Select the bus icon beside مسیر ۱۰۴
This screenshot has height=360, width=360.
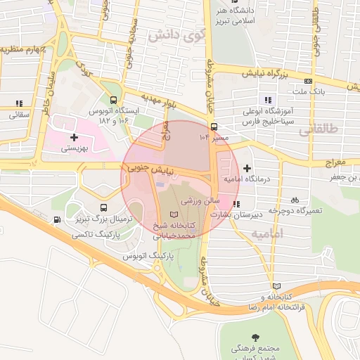coord(214,127)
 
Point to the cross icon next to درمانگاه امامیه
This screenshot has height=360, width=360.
coord(246,168)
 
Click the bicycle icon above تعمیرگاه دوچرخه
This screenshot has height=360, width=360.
coord(295,199)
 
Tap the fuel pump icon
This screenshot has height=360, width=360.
coord(56,220)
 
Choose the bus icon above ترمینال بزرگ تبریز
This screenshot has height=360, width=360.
coord(103,208)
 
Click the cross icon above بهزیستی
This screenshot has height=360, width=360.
coord(74,136)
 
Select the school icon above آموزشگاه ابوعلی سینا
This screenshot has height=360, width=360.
coord(266,99)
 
